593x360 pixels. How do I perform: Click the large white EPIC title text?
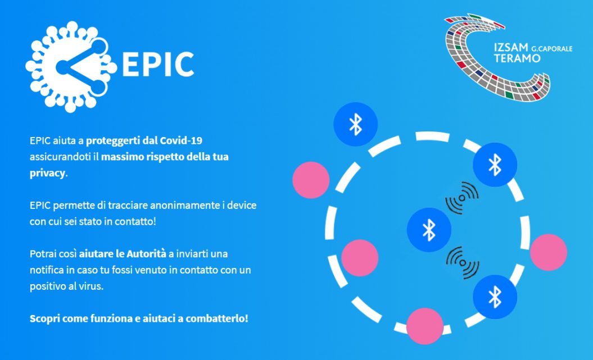pos(158,65)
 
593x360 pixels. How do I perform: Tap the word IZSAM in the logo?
pos(510,48)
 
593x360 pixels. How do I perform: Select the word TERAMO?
pos(517,58)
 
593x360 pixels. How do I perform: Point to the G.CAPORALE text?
pos(552,49)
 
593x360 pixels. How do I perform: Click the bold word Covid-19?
pos(181,140)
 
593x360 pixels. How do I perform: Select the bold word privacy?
pos(48,174)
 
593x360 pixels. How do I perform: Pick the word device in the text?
pos(242,206)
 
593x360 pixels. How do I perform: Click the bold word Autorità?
pos(146,253)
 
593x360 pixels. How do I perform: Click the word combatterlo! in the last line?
pos(217,318)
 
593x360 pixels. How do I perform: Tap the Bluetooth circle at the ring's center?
pos(429,230)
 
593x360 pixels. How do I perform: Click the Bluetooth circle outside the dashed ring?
pos(355,124)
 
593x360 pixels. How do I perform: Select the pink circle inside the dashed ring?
pos(360,258)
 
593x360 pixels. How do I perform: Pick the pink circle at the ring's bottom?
pos(425,326)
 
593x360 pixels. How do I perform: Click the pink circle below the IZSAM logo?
pos(549,252)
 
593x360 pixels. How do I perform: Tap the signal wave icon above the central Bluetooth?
pos(461,198)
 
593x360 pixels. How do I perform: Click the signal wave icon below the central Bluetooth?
pos(463,262)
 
